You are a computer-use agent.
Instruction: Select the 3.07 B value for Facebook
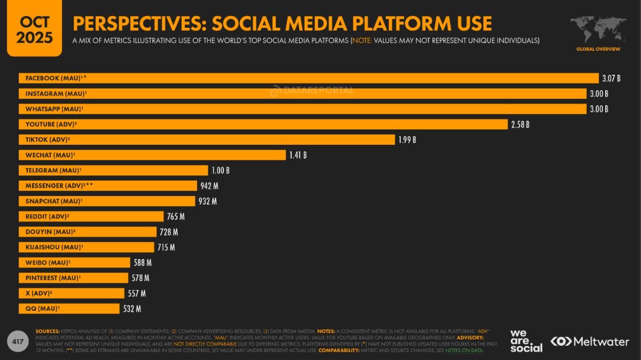pos(611,79)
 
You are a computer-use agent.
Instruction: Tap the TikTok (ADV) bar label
pos(48,140)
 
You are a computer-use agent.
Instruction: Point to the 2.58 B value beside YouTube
pos(520,124)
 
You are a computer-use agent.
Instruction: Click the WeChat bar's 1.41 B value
pos(298,155)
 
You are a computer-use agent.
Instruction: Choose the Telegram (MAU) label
pos(53,170)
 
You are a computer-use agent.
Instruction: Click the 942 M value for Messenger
pos(209,186)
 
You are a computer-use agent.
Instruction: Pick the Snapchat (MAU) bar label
pos(53,201)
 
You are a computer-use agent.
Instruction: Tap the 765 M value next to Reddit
pos(175,217)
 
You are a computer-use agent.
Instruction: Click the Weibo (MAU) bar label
pos(48,263)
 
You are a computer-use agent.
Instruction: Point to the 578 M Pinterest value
pos(140,278)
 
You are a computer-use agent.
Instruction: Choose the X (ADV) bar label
pos(38,293)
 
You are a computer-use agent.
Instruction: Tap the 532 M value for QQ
pos(131,309)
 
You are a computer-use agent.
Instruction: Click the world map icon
pos(598,29)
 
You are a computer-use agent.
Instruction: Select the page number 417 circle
pos(17,341)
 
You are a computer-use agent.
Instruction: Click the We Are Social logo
pos(526,341)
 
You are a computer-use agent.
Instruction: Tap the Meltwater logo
pos(589,341)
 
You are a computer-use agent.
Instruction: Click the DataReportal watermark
pos(312,91)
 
